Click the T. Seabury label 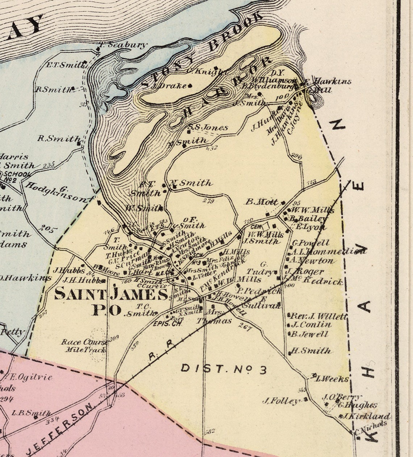123,45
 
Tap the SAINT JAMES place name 112,294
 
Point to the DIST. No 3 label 224,369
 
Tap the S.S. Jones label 208,127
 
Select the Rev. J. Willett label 319,316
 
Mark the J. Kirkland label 366,416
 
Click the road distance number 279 208,201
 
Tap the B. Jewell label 310,334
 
